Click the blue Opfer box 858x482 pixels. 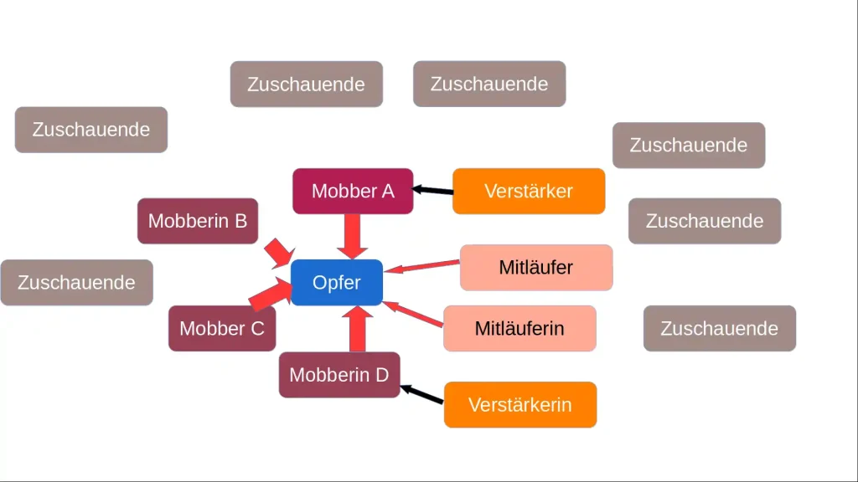click(x=337, y=282)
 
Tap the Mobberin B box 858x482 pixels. click(x=198, y=221)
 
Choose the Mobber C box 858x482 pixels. click(x=222, y=328)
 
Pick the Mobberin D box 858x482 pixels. click(x=339, y=374)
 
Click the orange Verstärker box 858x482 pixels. click(x=529, y=191)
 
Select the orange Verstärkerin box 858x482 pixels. click(x=520, y=404)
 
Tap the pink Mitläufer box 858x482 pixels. click(x=536, y=268)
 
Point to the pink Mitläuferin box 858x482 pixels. click(x=519, y=328)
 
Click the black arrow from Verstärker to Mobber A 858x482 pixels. click(x=434, y=191)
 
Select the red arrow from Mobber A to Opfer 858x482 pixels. click(x=352, y=235)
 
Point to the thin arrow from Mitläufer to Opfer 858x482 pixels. click(x=422, y=266)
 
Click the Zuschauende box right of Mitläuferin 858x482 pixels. click(x=720, y=328)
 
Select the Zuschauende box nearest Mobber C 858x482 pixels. click(x=76, y=282)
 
